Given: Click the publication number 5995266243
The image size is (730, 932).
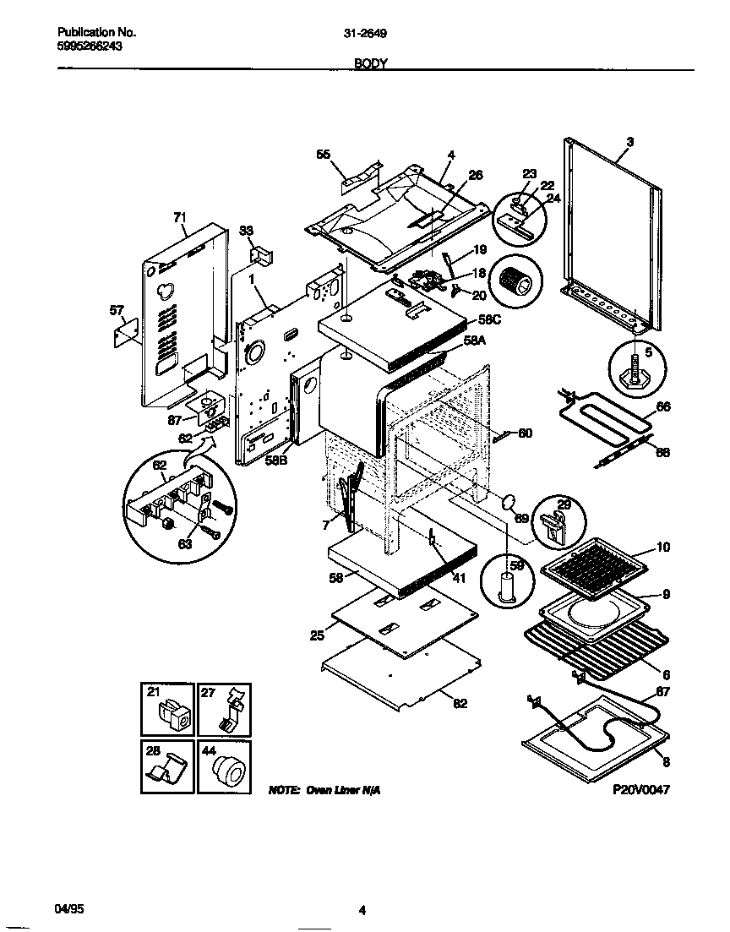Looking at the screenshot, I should (84, 47).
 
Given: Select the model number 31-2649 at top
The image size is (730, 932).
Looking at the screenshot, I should (366, 34).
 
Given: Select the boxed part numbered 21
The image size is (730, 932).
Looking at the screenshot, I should (167, 710).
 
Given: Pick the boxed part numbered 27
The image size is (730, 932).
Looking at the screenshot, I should (224, 710).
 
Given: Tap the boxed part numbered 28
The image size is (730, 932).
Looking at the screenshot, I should (167, 766).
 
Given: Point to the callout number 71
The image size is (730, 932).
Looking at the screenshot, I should (179, 217).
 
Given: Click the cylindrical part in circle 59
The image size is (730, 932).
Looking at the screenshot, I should (507, 586).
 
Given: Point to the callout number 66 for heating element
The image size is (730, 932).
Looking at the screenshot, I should (663, 406).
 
